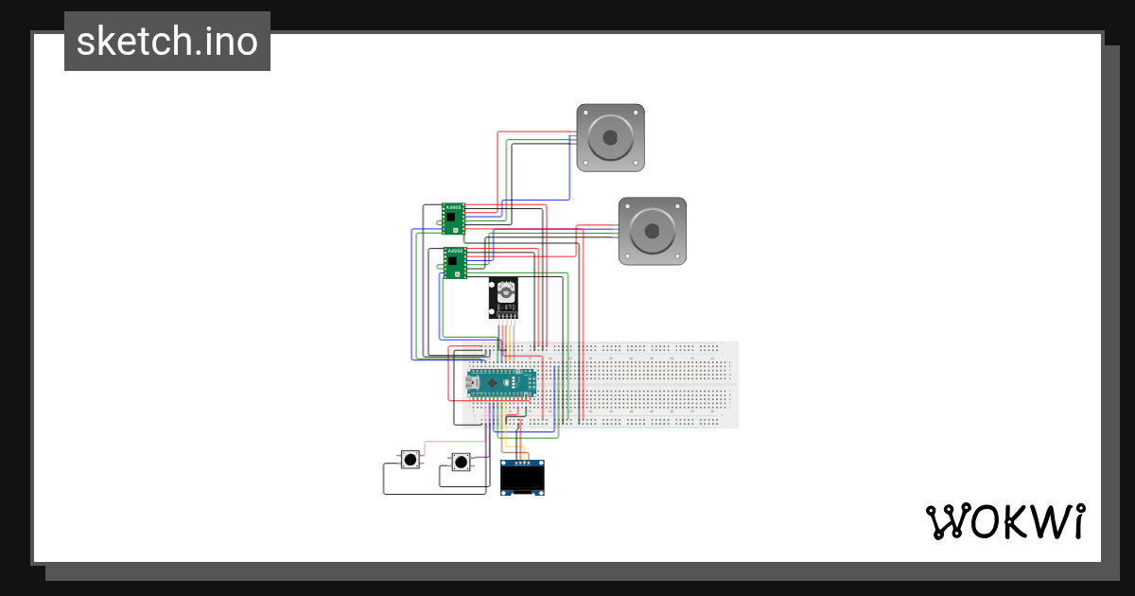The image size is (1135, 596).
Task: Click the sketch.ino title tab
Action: (167, 42)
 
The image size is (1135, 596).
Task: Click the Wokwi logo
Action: (1004, 521)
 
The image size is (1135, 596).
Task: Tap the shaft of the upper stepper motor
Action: (610, 137)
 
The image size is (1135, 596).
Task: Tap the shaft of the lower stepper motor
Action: (652, 231)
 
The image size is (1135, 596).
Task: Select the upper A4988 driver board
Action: (454, 219)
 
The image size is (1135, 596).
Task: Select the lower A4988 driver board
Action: (456, 262)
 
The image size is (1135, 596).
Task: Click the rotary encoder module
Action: (504, 298)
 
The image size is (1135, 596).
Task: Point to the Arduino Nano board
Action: (501, 382)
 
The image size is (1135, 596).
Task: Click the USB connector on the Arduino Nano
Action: (473, 383)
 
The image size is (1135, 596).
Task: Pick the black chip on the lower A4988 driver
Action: (456, 261)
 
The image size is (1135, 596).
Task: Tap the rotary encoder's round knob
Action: (506, 294)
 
